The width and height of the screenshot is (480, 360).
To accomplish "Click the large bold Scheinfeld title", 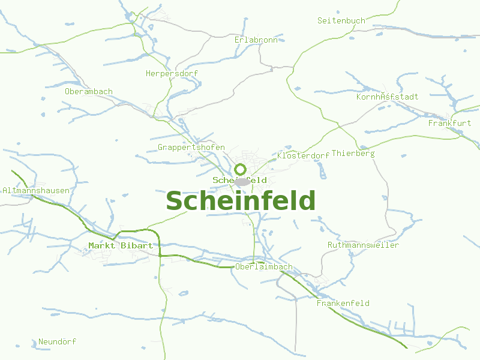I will pyautogui.click(x=241, y=201).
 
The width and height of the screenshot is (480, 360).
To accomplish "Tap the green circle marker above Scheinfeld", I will pyautogui.click(x=241, y=169).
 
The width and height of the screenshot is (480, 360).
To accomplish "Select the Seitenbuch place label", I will pyautogui.click(x=341, y=20).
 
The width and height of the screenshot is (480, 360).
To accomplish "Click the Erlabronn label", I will pyautogui.click(x=256, y=40).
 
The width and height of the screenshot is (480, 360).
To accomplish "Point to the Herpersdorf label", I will pyautogui.click(x=172, y=73).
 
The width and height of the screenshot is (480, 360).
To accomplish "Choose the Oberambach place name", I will pyautogui.click(x=89, y=91).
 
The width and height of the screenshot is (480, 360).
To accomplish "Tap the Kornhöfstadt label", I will pyautogui.click(x=387, y=97).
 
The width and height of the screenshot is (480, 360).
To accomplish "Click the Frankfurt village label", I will pyautogui.click(x=449, y=123).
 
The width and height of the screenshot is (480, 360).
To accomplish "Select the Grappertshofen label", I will pyautogui.click(x=191, y=147).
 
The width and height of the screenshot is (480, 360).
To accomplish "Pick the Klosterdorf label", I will pyautogui.click(x=303, y=155).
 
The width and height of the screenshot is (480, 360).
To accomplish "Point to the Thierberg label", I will pyautogui.click(x=353, y=153).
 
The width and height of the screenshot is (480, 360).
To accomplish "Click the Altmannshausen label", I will pyautogui.click(x=36, y=190).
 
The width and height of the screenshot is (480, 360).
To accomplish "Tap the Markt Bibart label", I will pyautogui.click(x=121, y=245).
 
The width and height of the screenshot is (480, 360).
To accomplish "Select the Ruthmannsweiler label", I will pyautogui.click(x=363, y=245).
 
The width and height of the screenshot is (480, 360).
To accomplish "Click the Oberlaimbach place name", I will pyautogui.click(x=264, y=266).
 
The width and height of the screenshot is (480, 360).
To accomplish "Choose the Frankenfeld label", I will pyautogui.click(x=343, y=303).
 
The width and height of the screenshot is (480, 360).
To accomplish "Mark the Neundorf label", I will pyautogui.click(x=57, y=341).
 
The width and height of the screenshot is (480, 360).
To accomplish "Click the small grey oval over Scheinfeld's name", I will pyautogui.click(x=242, y=181).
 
